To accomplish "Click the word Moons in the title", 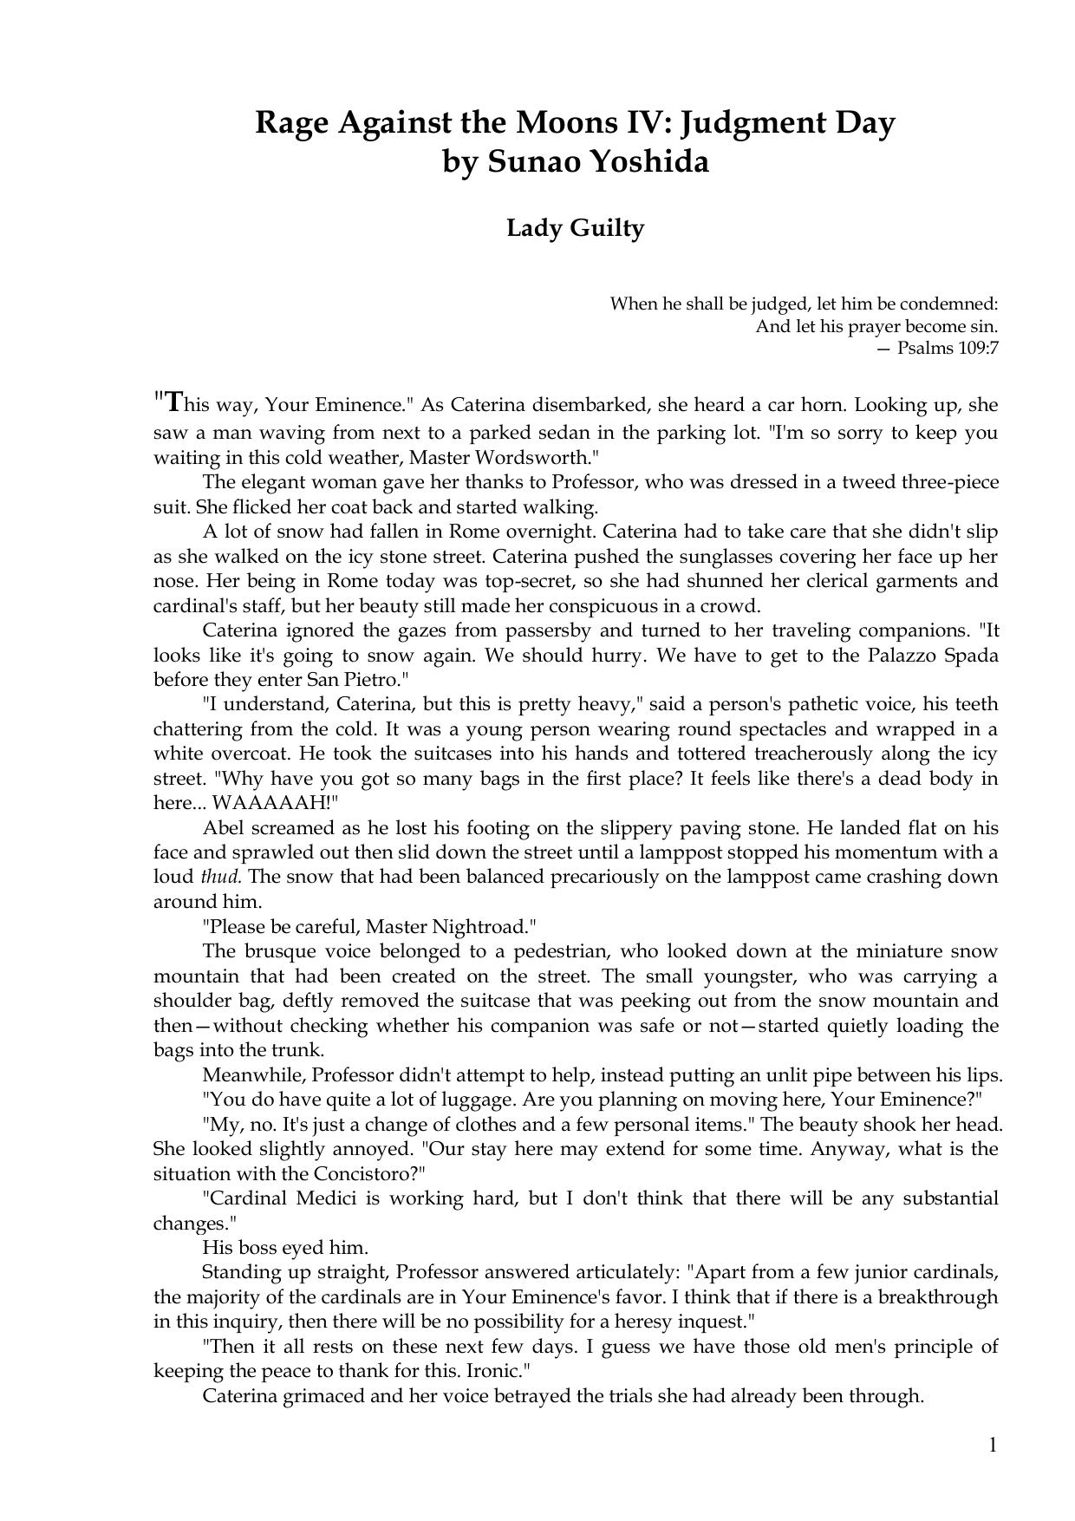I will (x=564, y=123).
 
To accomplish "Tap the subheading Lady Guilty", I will (x=575, y=228).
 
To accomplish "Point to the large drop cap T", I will (x=173, y=401).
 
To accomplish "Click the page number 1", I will (x=993, y=1445).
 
